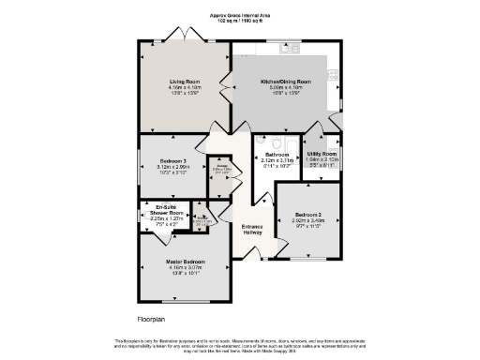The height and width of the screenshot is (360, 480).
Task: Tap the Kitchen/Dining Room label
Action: (x=285, y=82)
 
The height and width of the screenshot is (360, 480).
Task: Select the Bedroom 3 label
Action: (x=173, y=161)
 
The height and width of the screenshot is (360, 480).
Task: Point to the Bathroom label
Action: (x=277, y=154)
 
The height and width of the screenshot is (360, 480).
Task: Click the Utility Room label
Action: (x=322, y=153)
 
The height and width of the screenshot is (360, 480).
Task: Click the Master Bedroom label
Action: (x=186, y=262)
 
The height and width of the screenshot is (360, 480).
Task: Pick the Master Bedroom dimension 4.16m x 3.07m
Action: (x=186, y=267)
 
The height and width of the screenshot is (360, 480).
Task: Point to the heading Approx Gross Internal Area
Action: (x=241, y=15)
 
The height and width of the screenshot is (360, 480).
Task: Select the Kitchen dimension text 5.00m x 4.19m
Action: (x=285, y=88)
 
